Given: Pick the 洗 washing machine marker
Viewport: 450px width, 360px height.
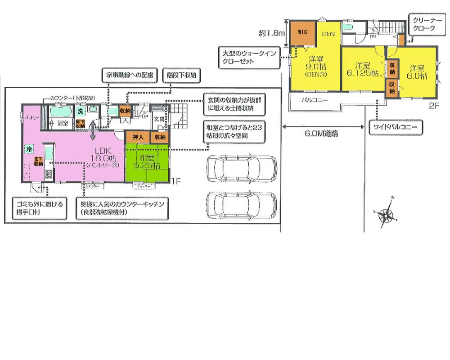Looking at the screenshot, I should point(80,110).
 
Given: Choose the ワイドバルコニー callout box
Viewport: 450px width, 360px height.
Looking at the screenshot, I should point(395,128).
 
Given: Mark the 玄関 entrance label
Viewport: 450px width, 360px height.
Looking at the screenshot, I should point(159,119).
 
